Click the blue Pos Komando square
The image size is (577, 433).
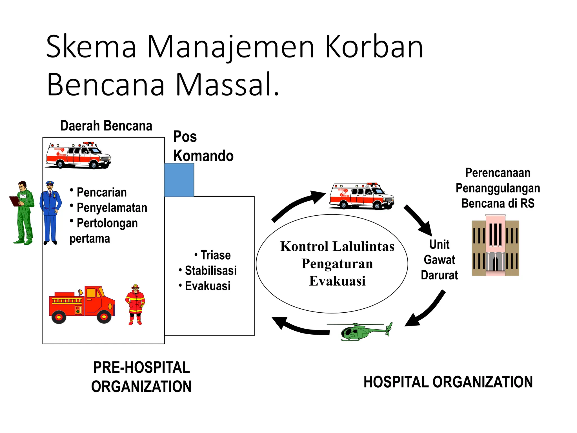point(179,180)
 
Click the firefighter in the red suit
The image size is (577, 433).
point(135,304)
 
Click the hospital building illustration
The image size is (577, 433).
point(495,245)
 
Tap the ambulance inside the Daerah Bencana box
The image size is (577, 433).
point(78,155)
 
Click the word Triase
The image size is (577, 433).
point(216,255)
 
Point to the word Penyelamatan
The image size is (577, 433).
point(112,208)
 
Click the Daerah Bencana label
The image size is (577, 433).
point(106,126)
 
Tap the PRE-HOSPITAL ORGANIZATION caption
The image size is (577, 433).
point(141,377)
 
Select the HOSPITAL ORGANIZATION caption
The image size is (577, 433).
point(448,382)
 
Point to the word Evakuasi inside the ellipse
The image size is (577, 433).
point(337,281)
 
